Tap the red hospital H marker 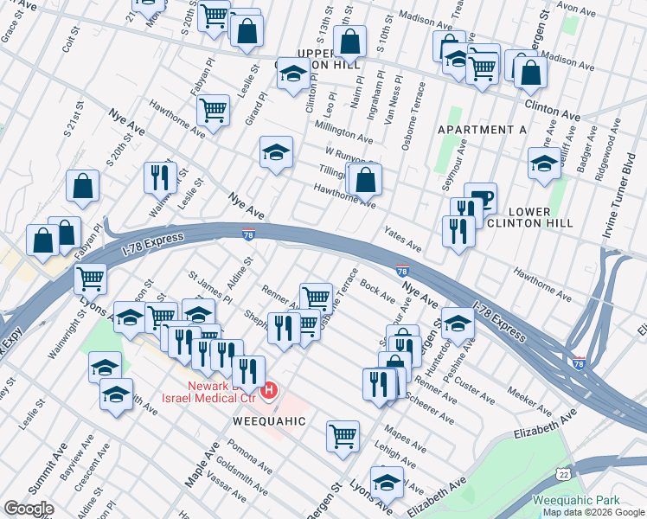pyautogui.click(x=269, y=392)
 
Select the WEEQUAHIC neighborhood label pyautogui.click(x=269, y=420)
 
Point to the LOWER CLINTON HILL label pyautogui.click(x=541, y=217)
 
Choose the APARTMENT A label pyautogui.click(x=482, y=130)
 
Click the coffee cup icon pyautogui.click(x=480, y=198)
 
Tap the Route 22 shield pyautogui.click(x=563, y=475)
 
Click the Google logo pyautogui.click(x=29, y=509)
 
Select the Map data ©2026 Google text pyautogui.click(x=593, y=512)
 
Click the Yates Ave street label pyautogui.click(x=402, y=240)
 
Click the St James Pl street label pyautogui.click(x=210, y=286)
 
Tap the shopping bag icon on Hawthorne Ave pyautogui.click(x=366, y=180)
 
